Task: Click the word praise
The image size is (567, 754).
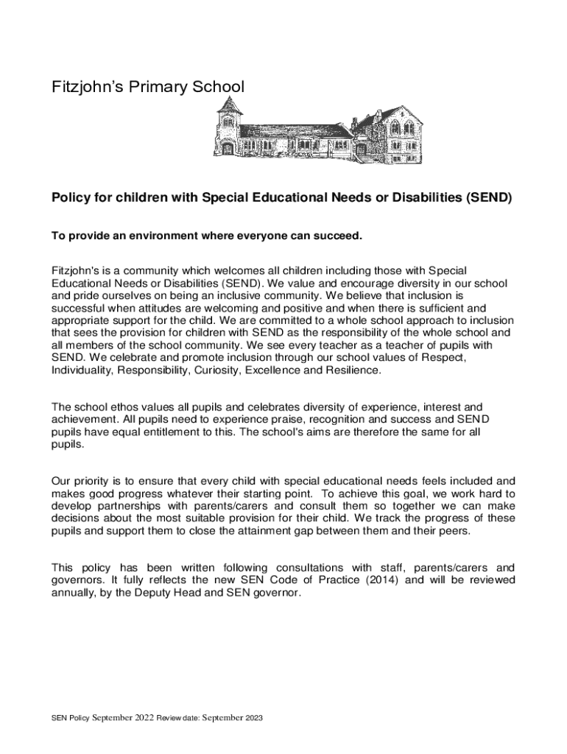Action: coord(264,419)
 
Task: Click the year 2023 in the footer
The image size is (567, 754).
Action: coord(248,718)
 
